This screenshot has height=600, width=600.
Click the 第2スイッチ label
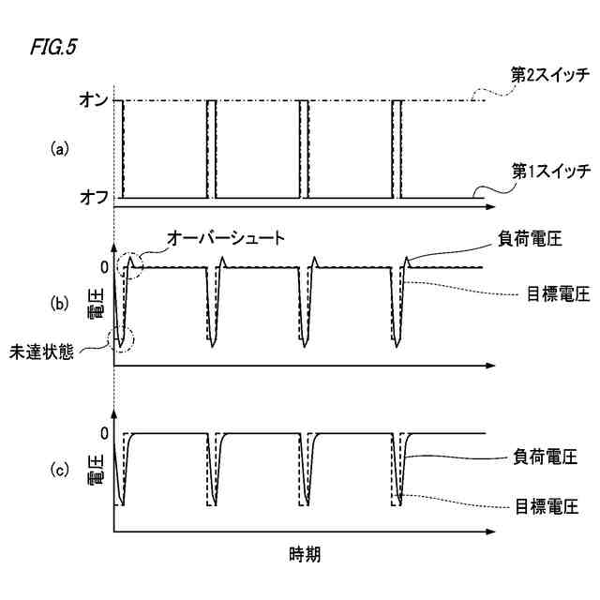(549, 74)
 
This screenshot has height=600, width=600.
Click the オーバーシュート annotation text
(224, 239)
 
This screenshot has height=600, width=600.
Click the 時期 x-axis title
(304, 553)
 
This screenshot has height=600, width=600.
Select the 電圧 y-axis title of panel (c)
(95, 470)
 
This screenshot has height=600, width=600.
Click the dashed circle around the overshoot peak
(131, 266)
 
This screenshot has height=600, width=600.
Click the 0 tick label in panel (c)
(103, 433)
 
